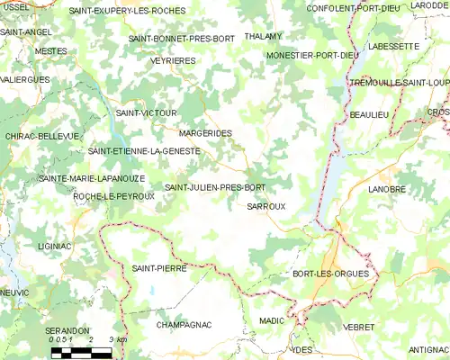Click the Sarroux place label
click(x=265, y=206)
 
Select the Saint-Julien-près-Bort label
click(x=215, y=187)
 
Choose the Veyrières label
click(x=175, y=60)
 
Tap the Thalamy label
click(x=263, y=37)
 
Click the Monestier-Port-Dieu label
click(x=313, y=56)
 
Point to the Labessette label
click(x=394, y=46)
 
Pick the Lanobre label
click(x=388, y=189)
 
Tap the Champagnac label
click(x=184, y=323)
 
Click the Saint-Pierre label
click(x=152, y=268)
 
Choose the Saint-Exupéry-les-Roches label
click(x=127, y=11)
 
